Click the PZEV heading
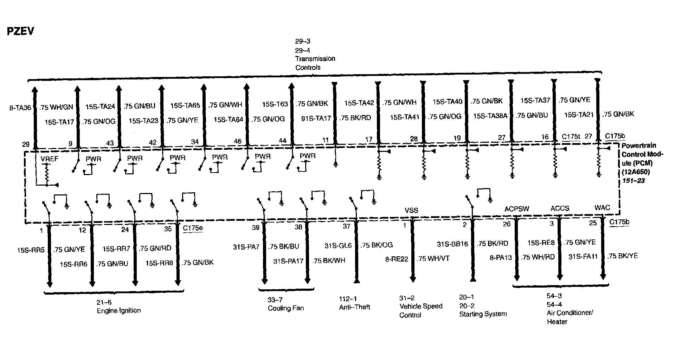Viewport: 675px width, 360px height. pyautogui.click(x=20, y=31)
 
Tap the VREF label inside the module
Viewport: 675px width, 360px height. pyautogui.click(x=50, y=159)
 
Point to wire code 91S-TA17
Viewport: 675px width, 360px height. pyautogui.click(x=316, y=118)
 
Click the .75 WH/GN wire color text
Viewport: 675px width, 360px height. pyautogui.click(x=56, y=108)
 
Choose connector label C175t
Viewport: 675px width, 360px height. pyautogui.click(x=571, y=136)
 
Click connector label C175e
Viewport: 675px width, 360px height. pyautogui.click(x=193, y=228)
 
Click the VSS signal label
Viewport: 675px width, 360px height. pyautogui.click(x=411, y=211)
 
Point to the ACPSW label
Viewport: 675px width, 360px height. pyautogui.click(x=516, y=209)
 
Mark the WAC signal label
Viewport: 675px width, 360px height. pyautogui.click(x=602, y=208)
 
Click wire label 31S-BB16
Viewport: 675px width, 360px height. pyautogui.click(x=452, y=244)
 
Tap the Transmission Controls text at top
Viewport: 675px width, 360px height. pyautogui.click(x=315, y=63)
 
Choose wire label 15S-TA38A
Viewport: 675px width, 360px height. pyautogui.click(x=490, y=116)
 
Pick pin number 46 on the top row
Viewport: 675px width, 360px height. pyautogui.click(x=238, y=141)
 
